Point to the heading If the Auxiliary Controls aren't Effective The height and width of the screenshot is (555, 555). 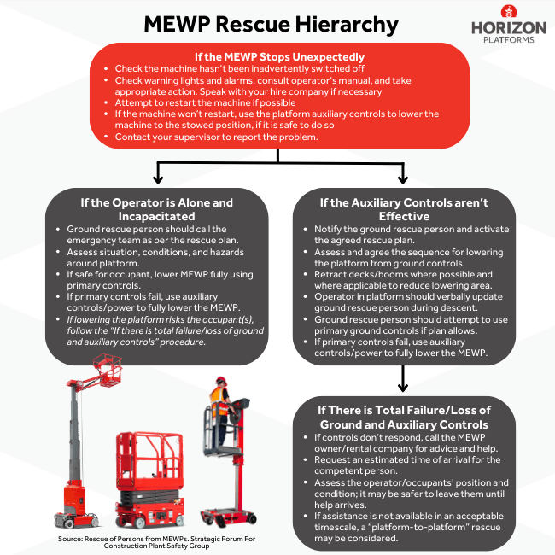point(402,210)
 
